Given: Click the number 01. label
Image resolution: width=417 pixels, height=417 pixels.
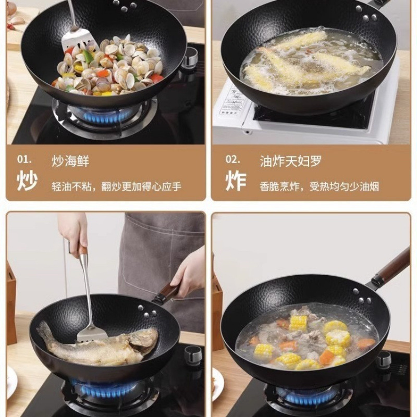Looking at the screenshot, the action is (24, 160).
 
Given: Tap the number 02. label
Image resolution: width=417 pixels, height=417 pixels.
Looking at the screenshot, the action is (233, 160).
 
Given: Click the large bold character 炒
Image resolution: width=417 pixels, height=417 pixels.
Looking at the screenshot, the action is (27, 180).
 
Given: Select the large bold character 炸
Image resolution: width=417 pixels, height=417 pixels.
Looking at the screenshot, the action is (236, 180).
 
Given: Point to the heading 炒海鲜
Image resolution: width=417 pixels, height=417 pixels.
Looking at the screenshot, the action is (70, 162).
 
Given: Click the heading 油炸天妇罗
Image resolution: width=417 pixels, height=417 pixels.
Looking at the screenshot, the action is (291, 162).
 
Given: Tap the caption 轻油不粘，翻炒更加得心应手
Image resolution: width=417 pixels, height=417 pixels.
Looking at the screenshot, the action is (116, 187).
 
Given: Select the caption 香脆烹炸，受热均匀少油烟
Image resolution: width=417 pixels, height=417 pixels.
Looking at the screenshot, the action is (320, 187).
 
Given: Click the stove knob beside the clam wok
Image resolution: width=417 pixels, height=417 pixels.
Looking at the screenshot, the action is (190, 56).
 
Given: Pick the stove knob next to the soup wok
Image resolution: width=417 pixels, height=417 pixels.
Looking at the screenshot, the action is (384, 360).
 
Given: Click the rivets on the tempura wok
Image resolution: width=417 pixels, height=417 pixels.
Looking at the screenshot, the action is (366, 15).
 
